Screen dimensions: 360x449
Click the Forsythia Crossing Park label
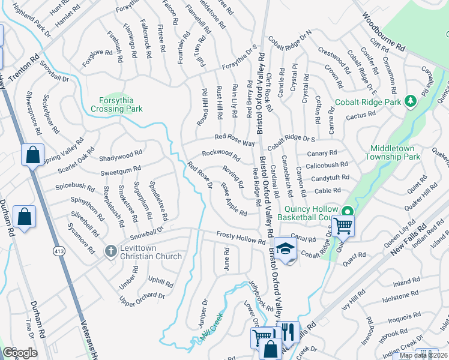point(116,105)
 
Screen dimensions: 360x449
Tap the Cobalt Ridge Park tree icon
point(411,102)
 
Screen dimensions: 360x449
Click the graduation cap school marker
point(286,248)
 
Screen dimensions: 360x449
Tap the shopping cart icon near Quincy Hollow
point(343,226)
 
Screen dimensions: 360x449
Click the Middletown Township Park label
point(395,152)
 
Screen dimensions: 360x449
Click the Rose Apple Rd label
point(234,200)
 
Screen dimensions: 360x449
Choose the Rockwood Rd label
point(220,155)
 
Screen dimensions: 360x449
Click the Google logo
point(19,352)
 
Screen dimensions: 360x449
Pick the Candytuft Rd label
point(330,178)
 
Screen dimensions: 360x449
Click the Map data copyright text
point(423,355)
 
